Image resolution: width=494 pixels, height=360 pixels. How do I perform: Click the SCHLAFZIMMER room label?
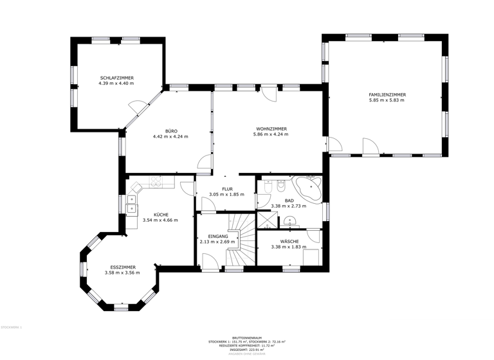(116, 78)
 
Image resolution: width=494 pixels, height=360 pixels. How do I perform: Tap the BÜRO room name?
(170, 131)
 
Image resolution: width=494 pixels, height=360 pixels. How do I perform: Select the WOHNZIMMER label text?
(271, 129)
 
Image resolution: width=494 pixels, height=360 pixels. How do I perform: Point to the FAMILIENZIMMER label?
(387, 94)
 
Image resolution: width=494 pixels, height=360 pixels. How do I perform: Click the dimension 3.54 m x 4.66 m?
(160, 220)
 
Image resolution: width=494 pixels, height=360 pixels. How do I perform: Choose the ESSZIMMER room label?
(122, 267)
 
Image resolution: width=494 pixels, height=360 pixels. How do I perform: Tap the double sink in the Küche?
(131, 203)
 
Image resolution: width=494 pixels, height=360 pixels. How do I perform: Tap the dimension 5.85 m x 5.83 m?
(387, 100)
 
